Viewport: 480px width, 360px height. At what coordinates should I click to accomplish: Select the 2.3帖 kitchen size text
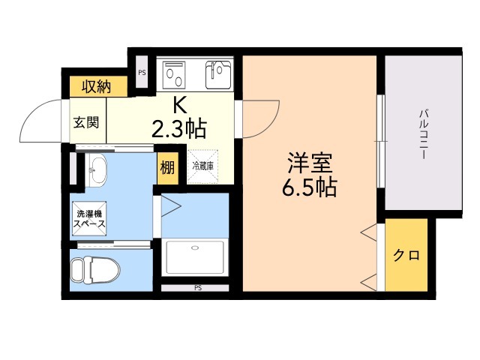click(x=178, y=130)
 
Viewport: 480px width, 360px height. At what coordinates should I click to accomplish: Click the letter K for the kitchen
click(x=179, y=105)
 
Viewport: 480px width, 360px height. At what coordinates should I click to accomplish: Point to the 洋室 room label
click(x=307, y=162)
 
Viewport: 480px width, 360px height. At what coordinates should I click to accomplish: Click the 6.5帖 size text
click(x=308, y=187)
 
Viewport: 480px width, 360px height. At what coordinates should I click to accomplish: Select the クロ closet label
click(x=406, y=255)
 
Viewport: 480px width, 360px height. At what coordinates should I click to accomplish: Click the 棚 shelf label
click(x=166, y=169)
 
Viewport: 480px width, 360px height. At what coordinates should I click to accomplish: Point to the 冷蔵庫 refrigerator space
click(x=204, y=166)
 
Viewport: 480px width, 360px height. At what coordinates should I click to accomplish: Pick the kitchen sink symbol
click(x=220, y=73)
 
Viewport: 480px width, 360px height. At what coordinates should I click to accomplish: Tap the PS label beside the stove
click(x=142, y=73)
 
